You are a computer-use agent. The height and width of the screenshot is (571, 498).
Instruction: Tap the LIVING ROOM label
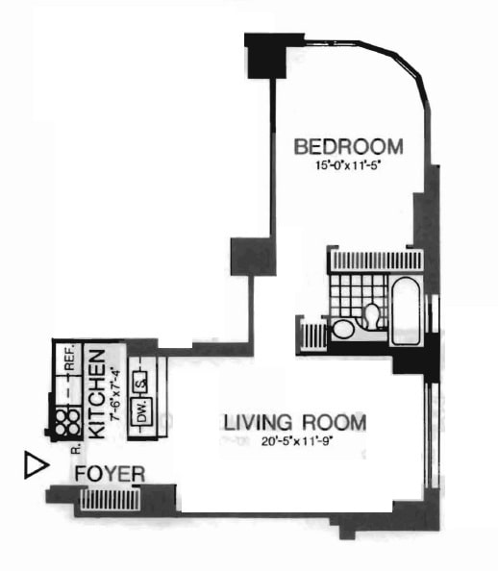[x=295, y=422]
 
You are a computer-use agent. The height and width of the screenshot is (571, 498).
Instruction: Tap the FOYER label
[x=111, y=474]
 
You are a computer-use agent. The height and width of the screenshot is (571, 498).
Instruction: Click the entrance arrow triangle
[x=35, y=467]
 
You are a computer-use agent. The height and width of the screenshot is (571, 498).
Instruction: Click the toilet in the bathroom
[x=369, y=315]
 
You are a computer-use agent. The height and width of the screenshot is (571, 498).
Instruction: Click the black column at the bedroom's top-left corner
[x=266, y=55]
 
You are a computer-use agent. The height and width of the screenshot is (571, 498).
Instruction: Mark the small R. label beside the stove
[x=74, y=448]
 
